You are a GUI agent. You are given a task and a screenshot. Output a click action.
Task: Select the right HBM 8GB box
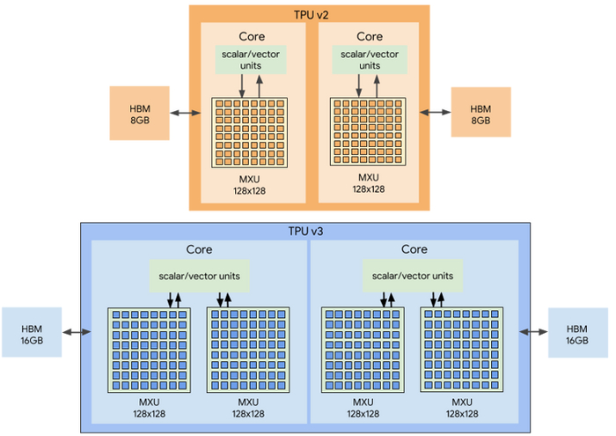[x=480, y=113]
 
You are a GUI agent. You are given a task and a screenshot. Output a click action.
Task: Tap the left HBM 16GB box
[x=32, y=332]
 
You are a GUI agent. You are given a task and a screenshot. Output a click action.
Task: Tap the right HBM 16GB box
[x=578, y=332]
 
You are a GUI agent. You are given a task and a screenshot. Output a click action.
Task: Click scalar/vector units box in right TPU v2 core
[x=369, y=59]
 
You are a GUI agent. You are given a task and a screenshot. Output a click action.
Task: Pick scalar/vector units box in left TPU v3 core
[x=198, y=276]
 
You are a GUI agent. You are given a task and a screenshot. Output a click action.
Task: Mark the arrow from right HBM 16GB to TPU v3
[x=534, y=332]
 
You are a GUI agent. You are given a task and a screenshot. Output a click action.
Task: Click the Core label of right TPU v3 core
[x=414, y=250]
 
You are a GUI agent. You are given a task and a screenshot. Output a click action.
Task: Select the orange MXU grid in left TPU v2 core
[x=249, y=133]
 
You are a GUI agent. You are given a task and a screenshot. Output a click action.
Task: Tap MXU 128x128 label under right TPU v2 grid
[x=369, y=182]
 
